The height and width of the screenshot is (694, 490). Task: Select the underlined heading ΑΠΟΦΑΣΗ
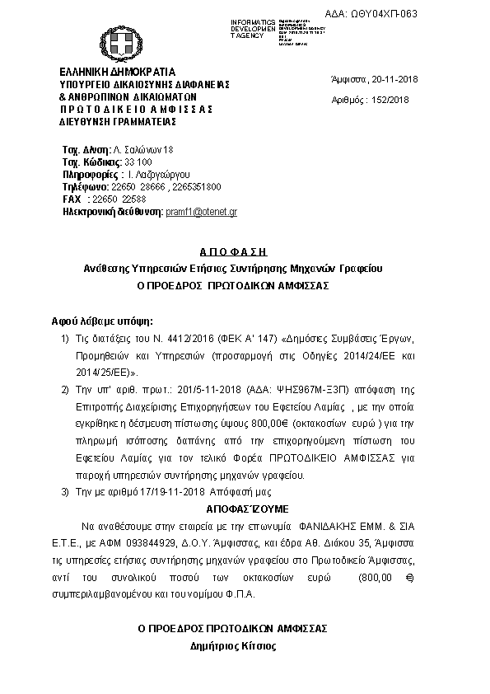[233, 251]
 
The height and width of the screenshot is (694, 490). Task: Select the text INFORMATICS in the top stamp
[254, 20]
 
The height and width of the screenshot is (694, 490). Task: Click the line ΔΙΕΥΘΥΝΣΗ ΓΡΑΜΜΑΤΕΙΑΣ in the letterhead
[118, 121]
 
